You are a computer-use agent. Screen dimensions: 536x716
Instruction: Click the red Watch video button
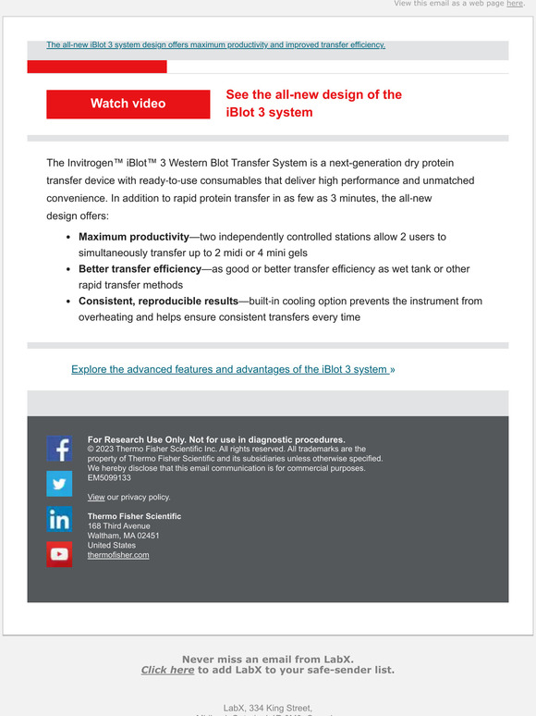point(128,104)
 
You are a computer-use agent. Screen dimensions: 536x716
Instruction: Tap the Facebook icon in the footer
point(59,449)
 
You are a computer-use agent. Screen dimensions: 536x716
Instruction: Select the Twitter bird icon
point(59,484)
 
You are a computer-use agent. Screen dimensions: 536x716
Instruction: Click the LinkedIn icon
point(59,519)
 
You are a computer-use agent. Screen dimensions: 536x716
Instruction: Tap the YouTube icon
point(59,554)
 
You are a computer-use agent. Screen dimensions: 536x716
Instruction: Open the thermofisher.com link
point(118,555)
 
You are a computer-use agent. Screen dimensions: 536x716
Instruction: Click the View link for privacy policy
point(96,497)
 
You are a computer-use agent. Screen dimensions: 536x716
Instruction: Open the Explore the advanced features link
point(230,369)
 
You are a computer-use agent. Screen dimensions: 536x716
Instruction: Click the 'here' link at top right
point(515,4)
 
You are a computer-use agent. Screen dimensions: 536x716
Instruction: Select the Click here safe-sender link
point(167,670)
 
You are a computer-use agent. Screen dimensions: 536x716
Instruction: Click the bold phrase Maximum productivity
point(133,237)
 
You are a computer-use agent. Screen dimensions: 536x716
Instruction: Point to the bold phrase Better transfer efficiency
point(140,269)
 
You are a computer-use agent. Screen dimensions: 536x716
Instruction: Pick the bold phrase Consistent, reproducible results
point(158,302)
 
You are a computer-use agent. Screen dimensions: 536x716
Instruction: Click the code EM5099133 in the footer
point(109,478)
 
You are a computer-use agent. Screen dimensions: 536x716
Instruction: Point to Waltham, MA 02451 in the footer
point(123,536)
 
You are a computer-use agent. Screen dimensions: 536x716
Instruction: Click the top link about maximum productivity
point(215,44)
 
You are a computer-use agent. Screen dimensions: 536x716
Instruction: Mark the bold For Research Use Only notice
point(216,439)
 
